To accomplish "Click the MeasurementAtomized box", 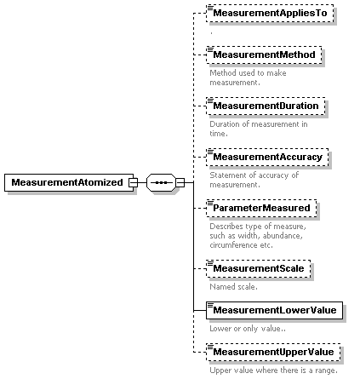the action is [69, 182].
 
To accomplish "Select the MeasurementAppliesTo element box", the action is [270, 13].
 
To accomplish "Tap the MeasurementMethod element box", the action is [264, 55].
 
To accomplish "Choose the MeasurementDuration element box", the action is [266, 106].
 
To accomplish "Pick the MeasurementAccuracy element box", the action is [267, 157].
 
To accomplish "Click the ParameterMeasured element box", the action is [261, 208].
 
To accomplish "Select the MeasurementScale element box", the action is [259, 268].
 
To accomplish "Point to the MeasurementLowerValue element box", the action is [274, 310].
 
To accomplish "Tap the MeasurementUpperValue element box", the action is [273, 352].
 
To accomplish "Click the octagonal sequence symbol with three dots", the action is [161, 182].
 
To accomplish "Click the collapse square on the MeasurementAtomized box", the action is [133, 182].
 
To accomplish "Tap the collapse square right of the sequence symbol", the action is [180, 182].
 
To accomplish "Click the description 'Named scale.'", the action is [233, 287].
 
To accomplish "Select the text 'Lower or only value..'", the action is [248, 329].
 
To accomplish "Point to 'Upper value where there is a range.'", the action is [274, 370].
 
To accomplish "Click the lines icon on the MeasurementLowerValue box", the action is [210, 306].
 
